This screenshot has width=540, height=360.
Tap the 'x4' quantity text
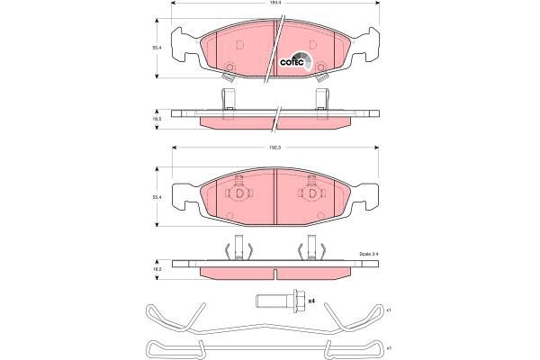pyautogui.click(x=310, y=301)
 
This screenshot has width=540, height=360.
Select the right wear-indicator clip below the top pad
pyautogui.click(x=321, y=95)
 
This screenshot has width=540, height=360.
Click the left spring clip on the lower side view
pyautogui.click(x=238, y=247)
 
